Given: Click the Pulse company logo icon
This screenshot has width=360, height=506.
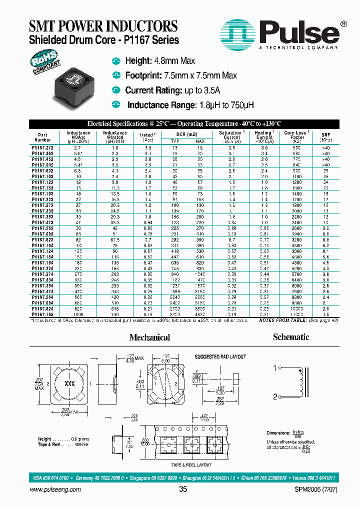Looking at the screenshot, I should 237,34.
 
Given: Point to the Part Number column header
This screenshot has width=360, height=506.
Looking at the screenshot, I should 42,137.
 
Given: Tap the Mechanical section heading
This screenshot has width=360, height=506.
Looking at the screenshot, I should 149,337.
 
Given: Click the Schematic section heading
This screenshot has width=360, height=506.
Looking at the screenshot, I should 291,337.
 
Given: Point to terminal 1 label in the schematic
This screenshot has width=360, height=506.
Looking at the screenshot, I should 274,368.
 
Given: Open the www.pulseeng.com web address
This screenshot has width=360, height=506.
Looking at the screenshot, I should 56,489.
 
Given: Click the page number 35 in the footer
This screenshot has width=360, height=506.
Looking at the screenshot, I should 182,489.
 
